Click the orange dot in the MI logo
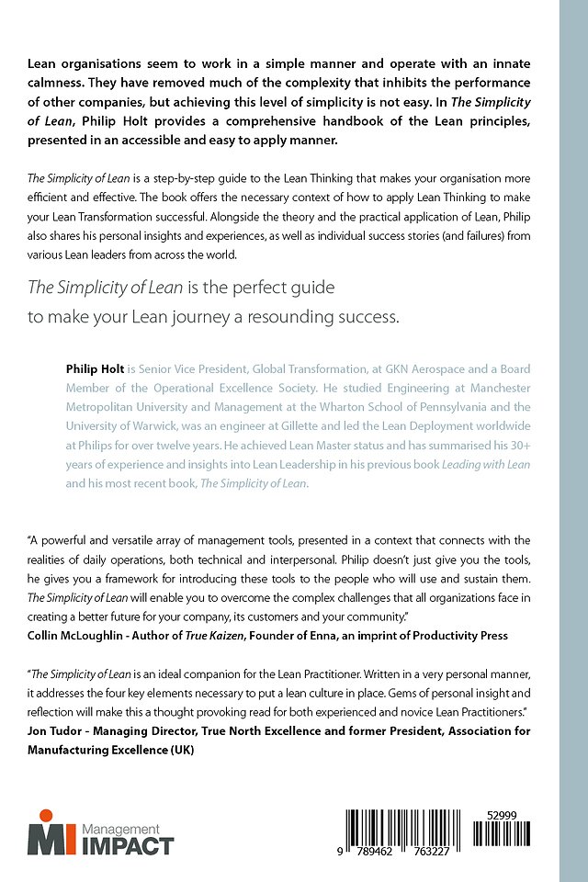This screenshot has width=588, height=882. point(44,815)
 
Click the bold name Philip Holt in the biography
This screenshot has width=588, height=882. point(96,368)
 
